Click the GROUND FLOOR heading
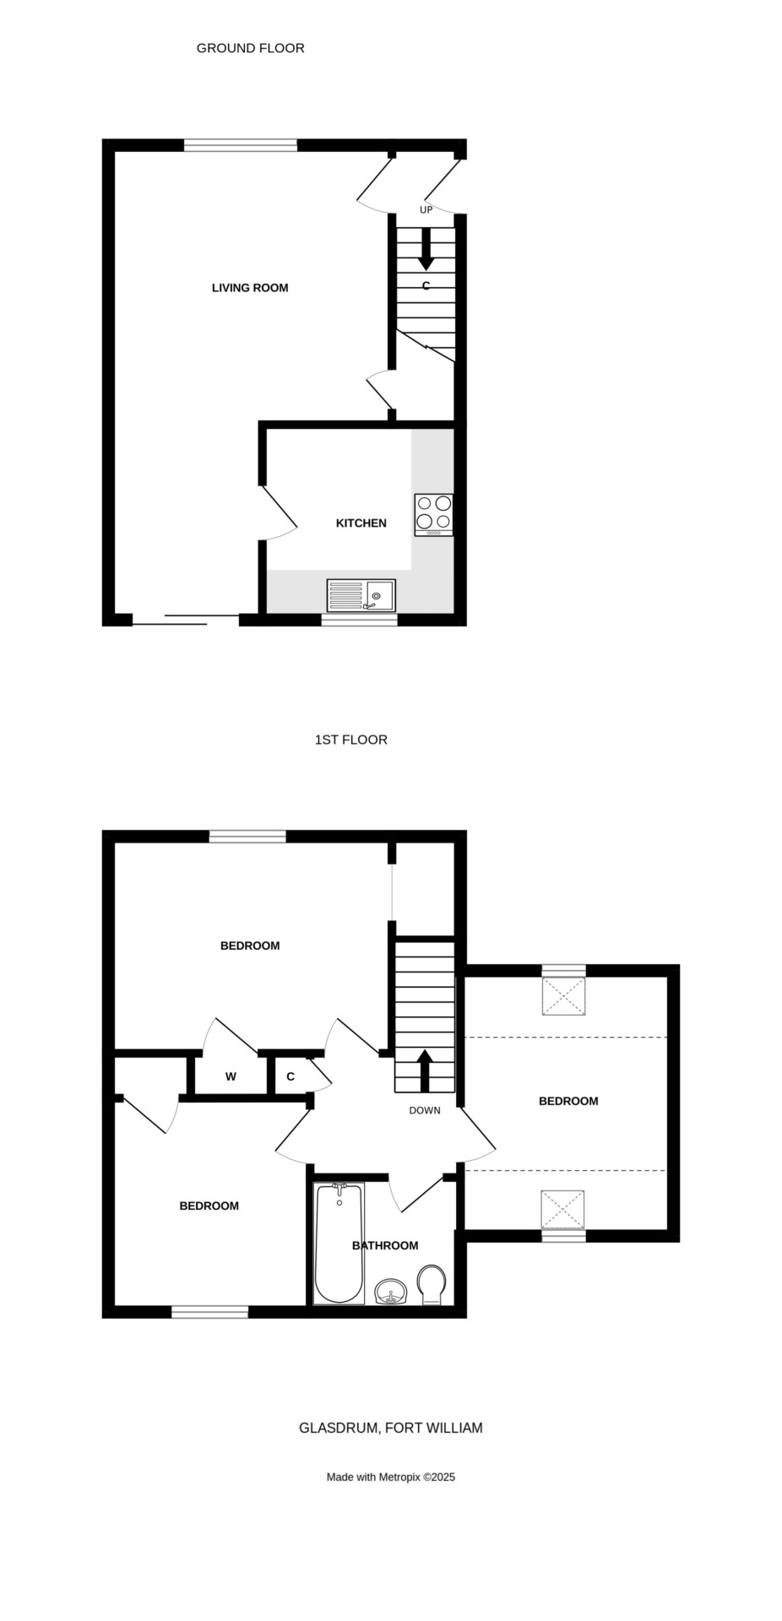tap(250, 48)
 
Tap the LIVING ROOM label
tap(250, 288)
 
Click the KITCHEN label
tap(361, 523)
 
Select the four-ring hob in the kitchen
tap(434, 514)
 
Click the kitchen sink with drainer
tap(361, 595)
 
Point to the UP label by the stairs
tap(426, 209)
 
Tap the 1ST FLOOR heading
tap(351, 740)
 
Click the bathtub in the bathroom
tap(339, 1244)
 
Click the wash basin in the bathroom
tap(391, 1292)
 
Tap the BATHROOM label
tap(385, 1245)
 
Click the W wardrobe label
tap(231, 1076)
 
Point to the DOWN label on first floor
tap(425, 1110)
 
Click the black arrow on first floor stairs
tap(424, 1071)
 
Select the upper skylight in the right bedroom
tap(563, 995)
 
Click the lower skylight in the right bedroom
tap(563, 1210)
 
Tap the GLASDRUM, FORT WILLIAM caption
tap(391, 1428)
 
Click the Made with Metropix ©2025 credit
tap(391, 1477)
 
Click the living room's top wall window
tap(241, 145)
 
